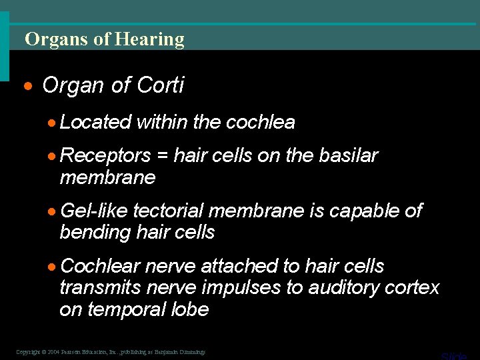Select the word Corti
(x=160, y=85)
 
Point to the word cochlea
(x=261, y=122)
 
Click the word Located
(x=95, y=122)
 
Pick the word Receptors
(x=105, y=156)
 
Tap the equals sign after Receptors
(x=162, y=156)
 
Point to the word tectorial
(x=169, y=211)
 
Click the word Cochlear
(x=100, y=267)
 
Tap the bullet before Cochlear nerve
(x=53, y=267)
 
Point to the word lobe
(x=193, y=310)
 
